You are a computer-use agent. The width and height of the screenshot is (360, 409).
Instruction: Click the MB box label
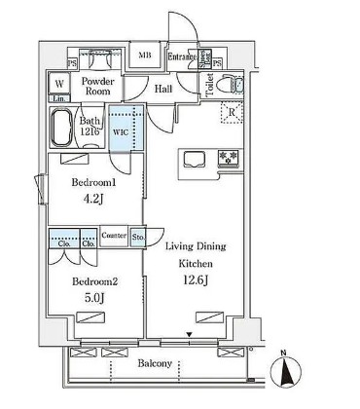coord(145,56)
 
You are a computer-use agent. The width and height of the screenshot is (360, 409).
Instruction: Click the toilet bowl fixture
coord(231,83)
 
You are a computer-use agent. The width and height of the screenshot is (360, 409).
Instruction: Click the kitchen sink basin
coord(191,158)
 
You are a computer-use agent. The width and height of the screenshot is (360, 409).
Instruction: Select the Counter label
coord(115,235)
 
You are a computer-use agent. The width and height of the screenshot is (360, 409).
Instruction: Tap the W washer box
coord(59,84)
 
